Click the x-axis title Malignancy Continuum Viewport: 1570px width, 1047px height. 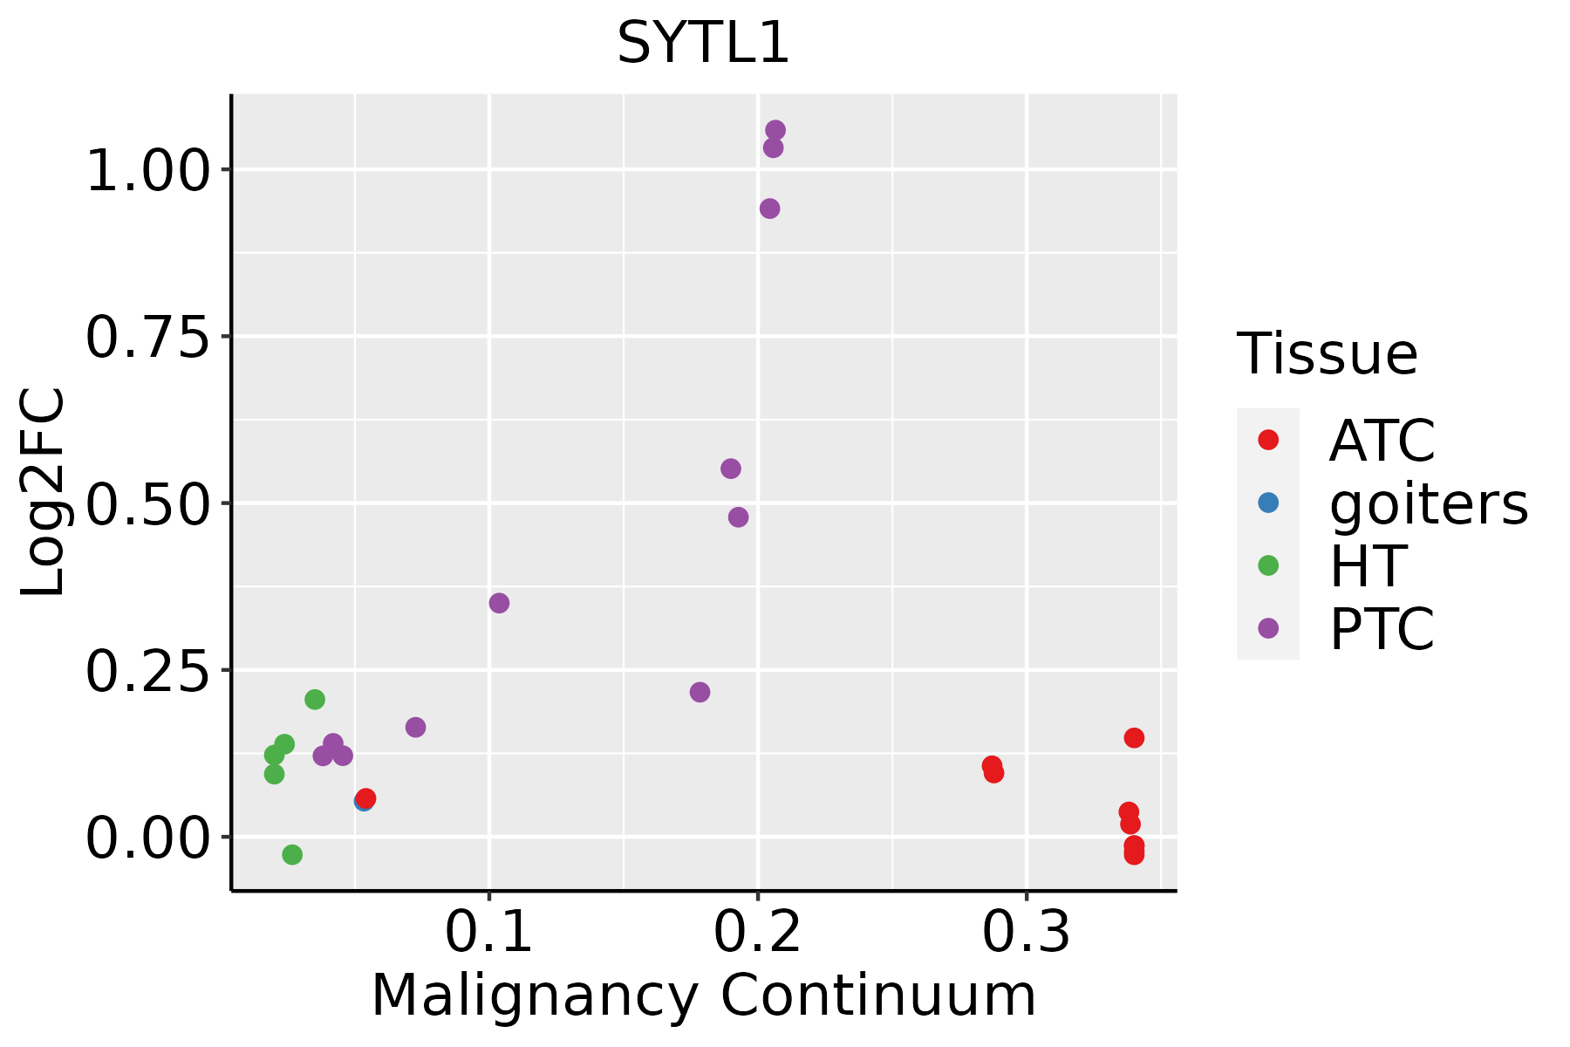[703, 996]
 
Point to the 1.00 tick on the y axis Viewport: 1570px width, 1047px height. [148, 170]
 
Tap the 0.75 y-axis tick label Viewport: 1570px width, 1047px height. [148, 337]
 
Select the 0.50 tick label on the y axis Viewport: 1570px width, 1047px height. [148, 504]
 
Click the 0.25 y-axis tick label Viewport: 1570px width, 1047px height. [148, 671]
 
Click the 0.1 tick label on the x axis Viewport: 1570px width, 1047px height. [488, 933]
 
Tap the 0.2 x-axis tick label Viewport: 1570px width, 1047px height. [757, 933]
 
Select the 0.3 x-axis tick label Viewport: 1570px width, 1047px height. [1026, 933]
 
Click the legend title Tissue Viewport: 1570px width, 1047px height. [1327, 354]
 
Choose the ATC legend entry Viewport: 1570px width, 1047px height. [1381, 441]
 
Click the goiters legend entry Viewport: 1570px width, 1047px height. [1428, 503]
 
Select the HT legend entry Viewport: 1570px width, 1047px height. [1367, 566]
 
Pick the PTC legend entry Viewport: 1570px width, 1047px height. [1381, 629]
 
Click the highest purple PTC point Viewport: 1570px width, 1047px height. [775, 130]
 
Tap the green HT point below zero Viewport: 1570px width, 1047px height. [292, 854]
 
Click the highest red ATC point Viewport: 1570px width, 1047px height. [1134, 738]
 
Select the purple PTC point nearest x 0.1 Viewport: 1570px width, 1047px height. [499, 603]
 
